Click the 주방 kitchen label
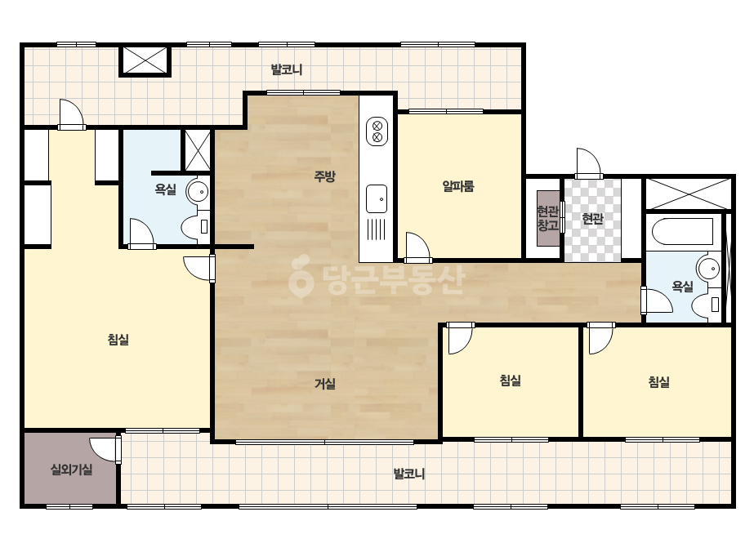tap(324, 176)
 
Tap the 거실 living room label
tap(324, 384)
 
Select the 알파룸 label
tap(458, 186)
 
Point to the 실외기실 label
tap(72, 470)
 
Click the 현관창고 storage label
tap(547, 218)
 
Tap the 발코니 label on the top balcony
tap(287, 69)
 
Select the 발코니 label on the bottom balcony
tap(409, 474)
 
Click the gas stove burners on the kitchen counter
tap(377, 131)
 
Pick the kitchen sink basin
tap(377, 198)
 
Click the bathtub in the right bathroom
tap(682, 231)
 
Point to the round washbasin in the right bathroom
tap(708, 268)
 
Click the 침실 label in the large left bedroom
tap(118, 340)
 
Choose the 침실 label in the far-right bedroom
tap(658, 382)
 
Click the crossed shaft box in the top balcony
tap(145, 60)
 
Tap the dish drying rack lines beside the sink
tap(377, 229)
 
